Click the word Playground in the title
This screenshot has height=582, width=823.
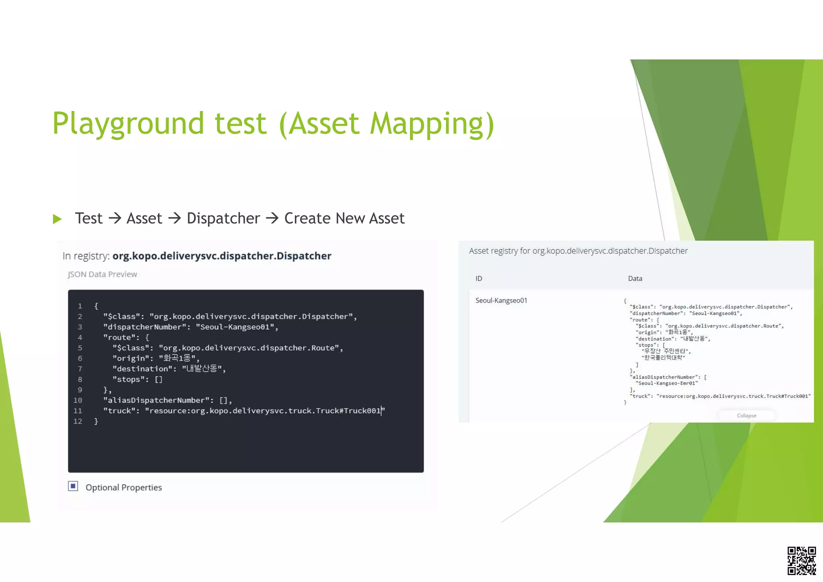(x=128, y=123)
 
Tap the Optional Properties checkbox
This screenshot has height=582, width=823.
(x=73, y=486)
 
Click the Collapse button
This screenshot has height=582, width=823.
(x=746, y=416)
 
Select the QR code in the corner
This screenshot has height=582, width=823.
(x=801, y=560)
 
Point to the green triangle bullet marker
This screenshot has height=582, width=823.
(x=57, y=219)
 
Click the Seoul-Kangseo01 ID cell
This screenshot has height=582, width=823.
(x=501, y=300)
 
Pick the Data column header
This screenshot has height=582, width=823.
(x=635, y=279)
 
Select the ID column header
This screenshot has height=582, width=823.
(x=479, y=279)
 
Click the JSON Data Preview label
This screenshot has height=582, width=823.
(x=102, y=275)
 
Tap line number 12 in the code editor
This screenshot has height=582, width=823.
(x=78, y=421)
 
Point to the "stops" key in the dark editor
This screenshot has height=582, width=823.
(x=129, y=379)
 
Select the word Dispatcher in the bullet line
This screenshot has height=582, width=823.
(x=223, y=218)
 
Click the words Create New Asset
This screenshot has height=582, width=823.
(x=344, y=218)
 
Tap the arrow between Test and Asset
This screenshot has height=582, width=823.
(x=115, y=218)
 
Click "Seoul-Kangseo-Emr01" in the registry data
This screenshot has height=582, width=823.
(x=667, y=383)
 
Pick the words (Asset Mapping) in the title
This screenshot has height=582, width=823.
(x=386, y=123)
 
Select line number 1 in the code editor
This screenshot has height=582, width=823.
(x=80, y=306)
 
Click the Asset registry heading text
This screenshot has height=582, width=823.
(x=578, y=251)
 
